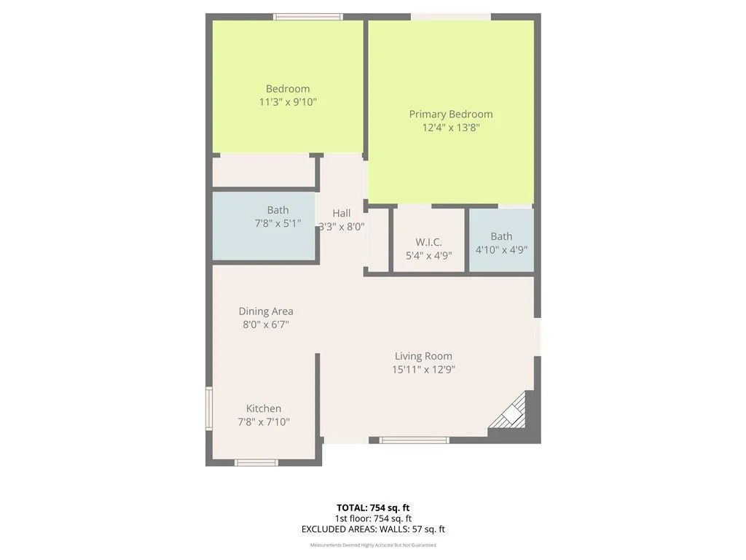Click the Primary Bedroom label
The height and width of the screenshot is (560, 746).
450,114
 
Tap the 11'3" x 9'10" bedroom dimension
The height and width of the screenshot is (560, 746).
288,102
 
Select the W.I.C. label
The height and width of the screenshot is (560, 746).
428,242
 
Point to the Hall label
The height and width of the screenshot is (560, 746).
341,213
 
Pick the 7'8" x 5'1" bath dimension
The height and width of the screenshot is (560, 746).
278,224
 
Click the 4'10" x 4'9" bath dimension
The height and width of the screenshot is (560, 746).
501,249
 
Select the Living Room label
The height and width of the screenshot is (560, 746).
423,356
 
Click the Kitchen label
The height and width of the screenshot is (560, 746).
264,408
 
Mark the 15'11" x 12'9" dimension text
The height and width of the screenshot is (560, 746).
423,370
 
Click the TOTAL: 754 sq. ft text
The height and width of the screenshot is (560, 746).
377,507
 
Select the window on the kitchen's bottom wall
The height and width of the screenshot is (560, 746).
256,462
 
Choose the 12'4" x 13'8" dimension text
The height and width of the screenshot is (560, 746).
450,128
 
